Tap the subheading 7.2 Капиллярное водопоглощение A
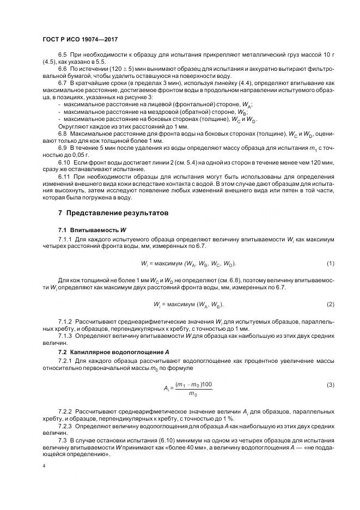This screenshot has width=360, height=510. coord(113,353)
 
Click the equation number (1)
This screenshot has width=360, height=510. coord(330,264)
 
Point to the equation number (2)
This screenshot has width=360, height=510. coord(330,303)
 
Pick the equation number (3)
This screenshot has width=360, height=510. coord(330,385)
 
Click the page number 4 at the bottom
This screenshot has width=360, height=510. coord(44,467)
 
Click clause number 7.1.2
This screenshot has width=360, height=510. coord(65,322)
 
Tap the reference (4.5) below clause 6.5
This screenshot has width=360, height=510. coord(50,63)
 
